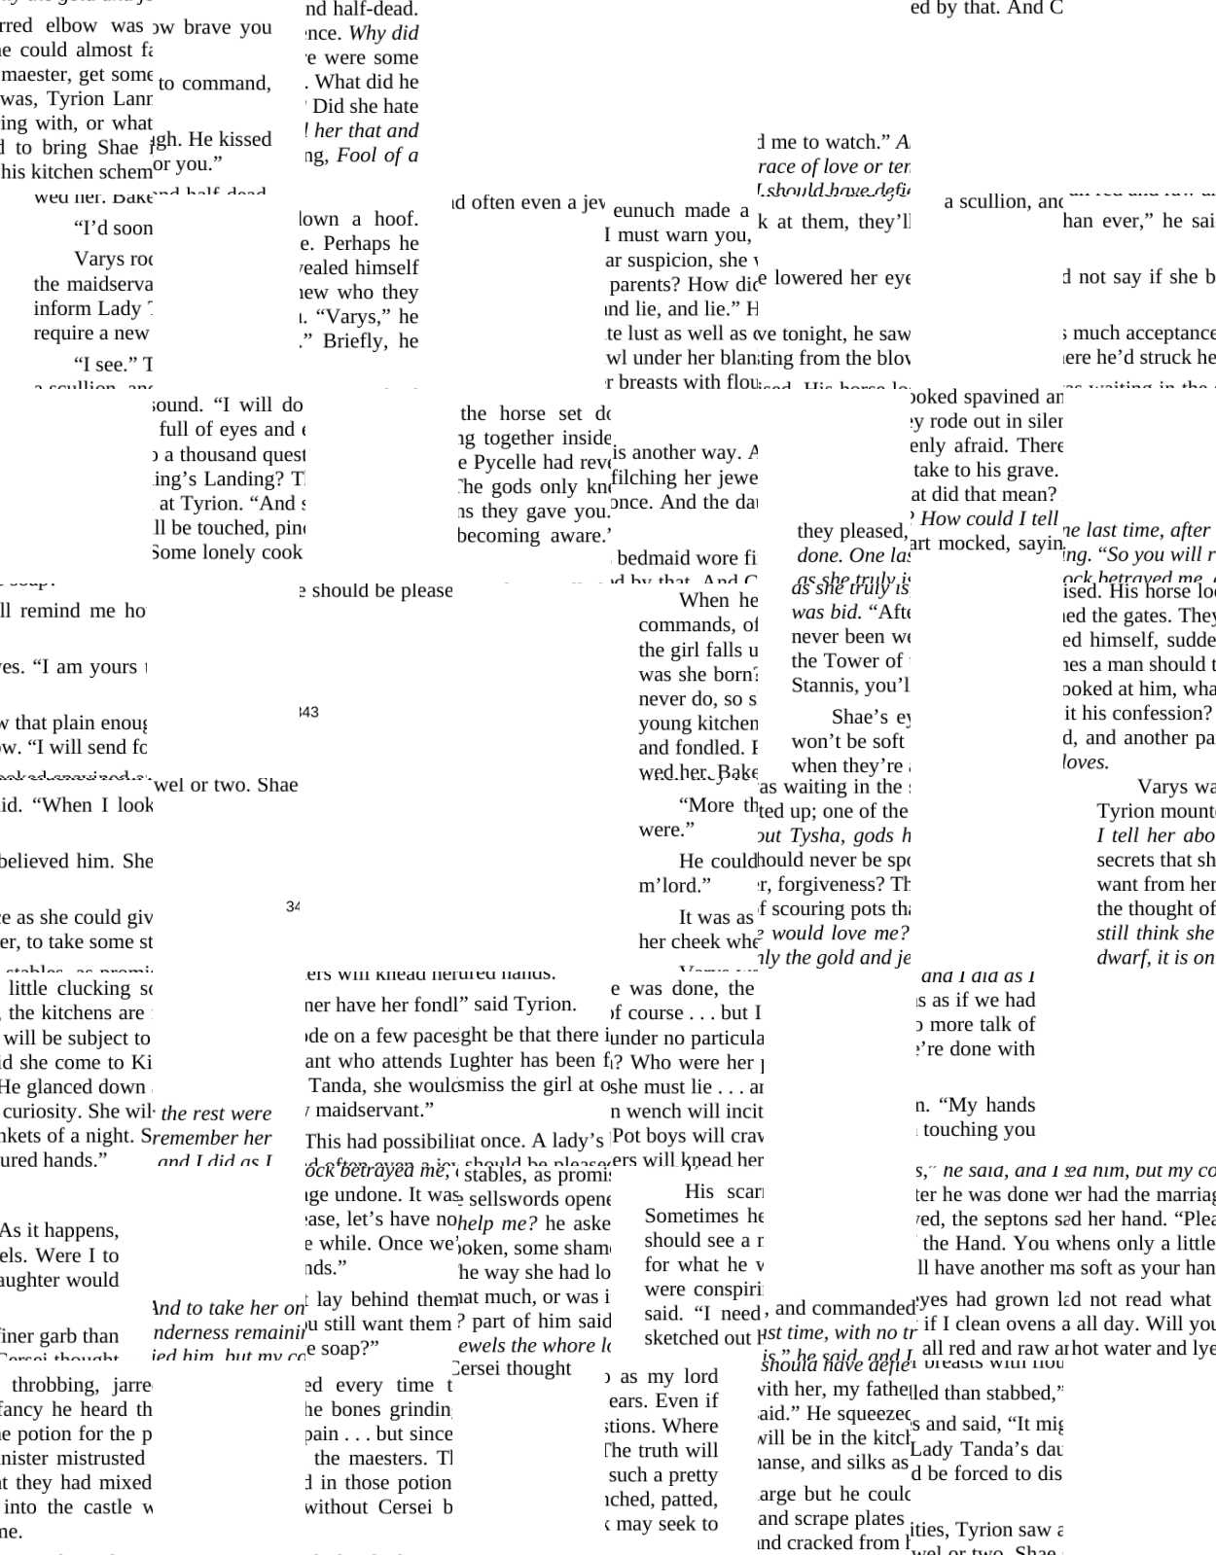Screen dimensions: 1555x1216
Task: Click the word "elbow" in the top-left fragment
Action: [71, 25]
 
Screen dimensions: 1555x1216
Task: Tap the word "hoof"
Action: [396, 219]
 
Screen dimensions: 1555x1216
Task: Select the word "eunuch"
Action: [644, 210]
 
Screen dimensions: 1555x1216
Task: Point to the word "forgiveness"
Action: [828, 884]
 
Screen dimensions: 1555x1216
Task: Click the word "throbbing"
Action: [55, 1385]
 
